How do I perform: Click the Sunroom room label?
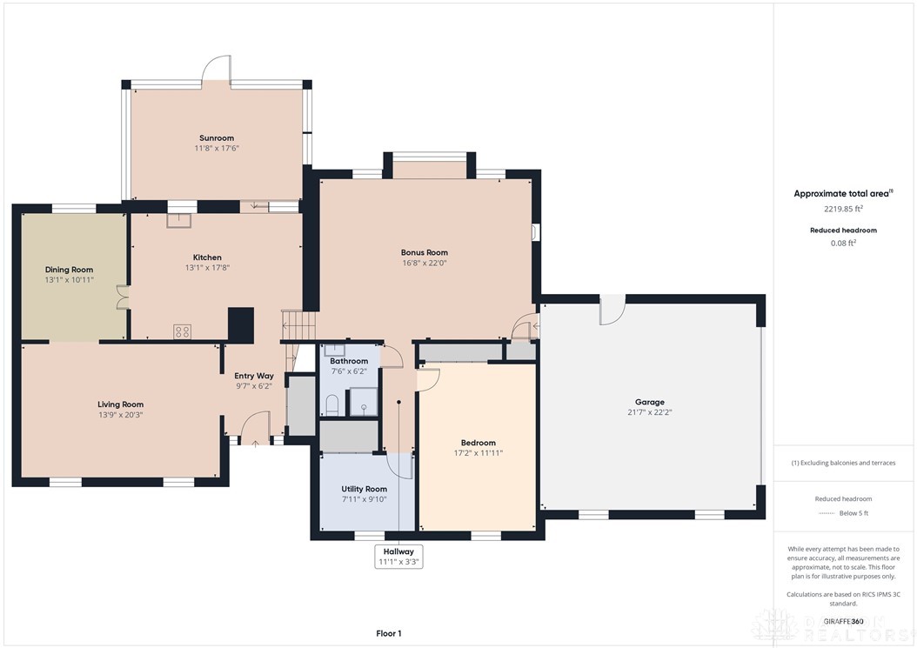click(216, 138)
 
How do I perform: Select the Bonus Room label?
click(425, 252)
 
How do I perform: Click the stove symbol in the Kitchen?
click(183, 331)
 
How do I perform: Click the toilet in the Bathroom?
click(331, 404)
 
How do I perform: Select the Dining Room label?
click(69, 270)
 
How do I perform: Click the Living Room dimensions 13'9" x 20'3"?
click(120, 415)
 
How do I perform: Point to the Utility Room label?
click(364, 489)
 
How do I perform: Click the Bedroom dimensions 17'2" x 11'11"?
click(478, 453)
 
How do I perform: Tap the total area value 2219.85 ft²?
click(843, 209)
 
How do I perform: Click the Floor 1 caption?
click(387, 633)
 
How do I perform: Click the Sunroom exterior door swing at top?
click(216, 70)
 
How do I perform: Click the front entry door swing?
click(254, 426)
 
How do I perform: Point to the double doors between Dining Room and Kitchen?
click(123, 297)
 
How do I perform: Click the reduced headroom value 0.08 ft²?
click(843, 243)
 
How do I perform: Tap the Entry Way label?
click(254, 376)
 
